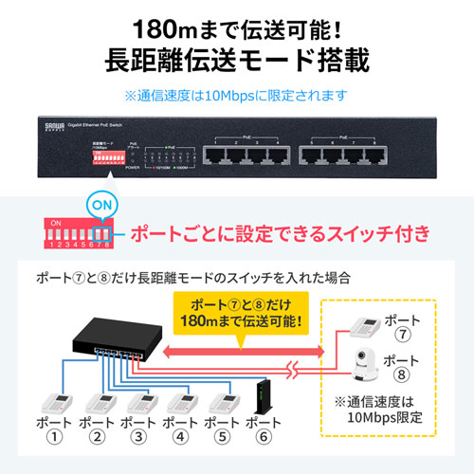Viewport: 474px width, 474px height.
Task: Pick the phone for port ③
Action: tap(140, 398)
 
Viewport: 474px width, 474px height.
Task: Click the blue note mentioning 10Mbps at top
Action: tap(236, 96)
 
